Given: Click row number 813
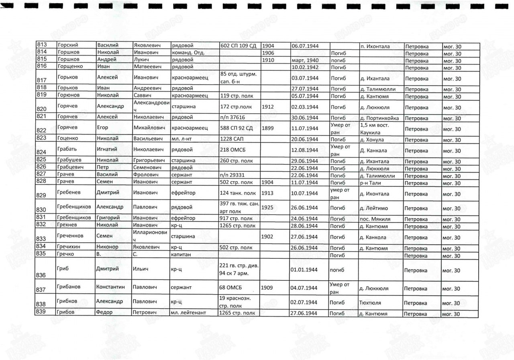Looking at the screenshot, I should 42,45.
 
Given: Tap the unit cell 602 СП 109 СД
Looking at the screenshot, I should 239,46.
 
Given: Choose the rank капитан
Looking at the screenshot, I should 182,256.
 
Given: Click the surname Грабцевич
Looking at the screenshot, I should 71,168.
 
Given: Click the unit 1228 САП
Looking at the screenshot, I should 230,139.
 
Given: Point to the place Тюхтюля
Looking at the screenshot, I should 371,303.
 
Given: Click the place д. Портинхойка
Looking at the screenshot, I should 379,118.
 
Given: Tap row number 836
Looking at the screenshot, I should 42,275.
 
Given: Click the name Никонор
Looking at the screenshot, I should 108,248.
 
